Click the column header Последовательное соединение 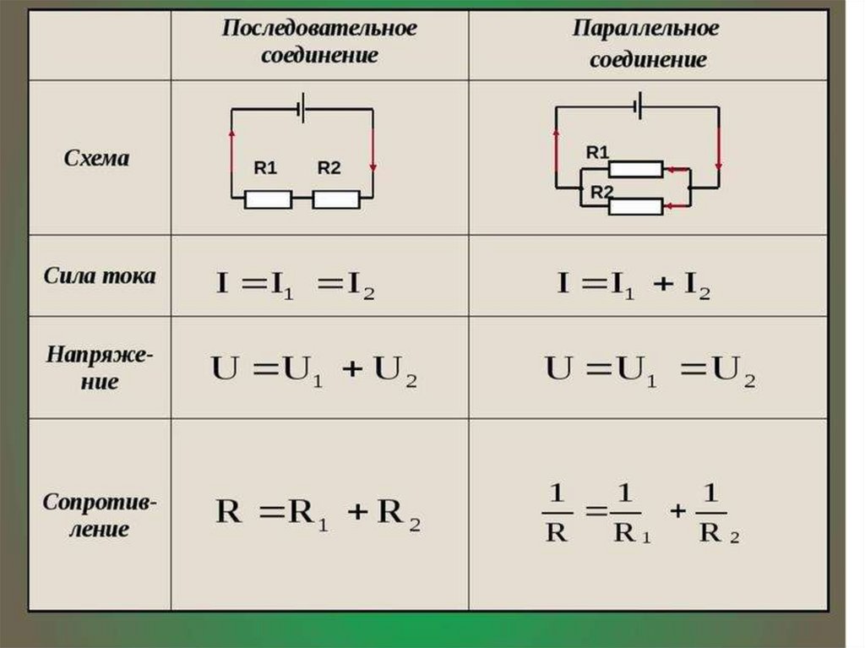319,42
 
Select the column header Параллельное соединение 647,44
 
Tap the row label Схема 97,158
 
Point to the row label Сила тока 101,276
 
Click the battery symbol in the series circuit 302,108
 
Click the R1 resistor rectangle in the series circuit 268,199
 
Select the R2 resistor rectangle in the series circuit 335,199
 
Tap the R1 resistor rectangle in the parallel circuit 636,169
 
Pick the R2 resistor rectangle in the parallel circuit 636,205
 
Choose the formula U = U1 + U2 313,373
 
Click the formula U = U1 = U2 650,373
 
